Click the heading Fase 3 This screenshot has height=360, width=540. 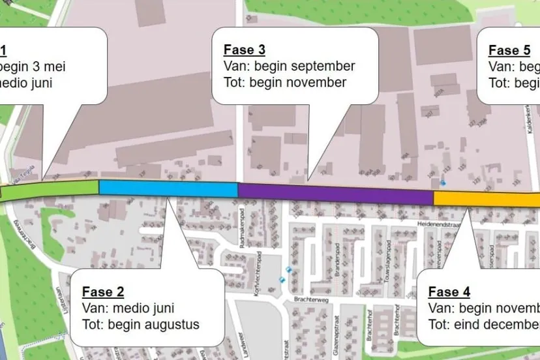click(245, 50)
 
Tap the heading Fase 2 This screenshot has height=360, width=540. click(103, 292)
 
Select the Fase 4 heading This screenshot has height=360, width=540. click(449, 292)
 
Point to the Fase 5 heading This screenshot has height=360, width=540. click(509, 50)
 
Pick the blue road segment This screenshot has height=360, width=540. click(168, 188)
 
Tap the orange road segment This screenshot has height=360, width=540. click(486, 198)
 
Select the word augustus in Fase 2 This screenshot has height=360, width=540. click(168, 324)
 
